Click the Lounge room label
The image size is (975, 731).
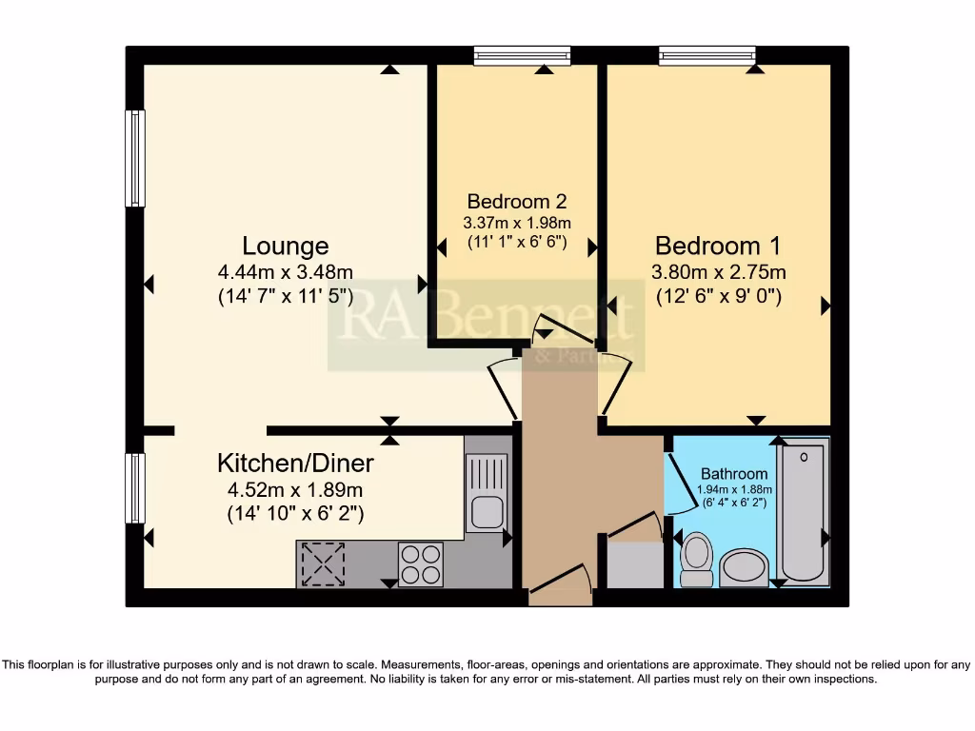click(285, 247)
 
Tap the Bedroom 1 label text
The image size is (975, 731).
click(718, 246)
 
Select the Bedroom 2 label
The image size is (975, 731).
click(517, 202)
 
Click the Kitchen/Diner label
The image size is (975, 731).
click(295, 464)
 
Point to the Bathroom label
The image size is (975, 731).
click(733, 474)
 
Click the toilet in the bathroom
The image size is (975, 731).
click(697, 559)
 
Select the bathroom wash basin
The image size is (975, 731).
click(746, 567)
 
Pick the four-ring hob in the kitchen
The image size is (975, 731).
click(421, 563)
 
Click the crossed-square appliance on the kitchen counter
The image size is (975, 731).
click(324, 564)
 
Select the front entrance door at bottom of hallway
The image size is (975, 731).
click(559, 584)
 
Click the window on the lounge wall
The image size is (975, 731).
click(135, 158)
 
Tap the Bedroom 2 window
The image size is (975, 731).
click(522, 56)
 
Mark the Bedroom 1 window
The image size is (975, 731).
click(707, 56)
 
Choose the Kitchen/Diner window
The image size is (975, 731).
click(135, 487)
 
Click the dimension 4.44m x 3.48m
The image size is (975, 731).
click(285, 272)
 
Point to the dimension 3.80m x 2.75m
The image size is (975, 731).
click(718, 272)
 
